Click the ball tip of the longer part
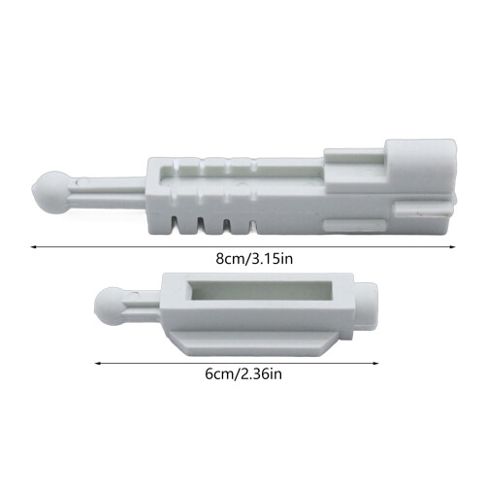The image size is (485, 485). pos(51,192)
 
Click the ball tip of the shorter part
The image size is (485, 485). pos(109,307)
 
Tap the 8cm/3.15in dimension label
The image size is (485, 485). pos(254,259)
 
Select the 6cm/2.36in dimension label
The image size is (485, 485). pos(243,374)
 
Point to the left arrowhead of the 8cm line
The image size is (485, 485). pos(33,247)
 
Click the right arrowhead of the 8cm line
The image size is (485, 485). pos(452,247)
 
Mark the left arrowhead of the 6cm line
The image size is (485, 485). pos(97,363)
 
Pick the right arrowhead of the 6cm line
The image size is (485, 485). pos(375,363)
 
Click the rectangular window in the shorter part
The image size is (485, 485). pos(260,290)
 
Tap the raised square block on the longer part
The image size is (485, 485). pos(420,167)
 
